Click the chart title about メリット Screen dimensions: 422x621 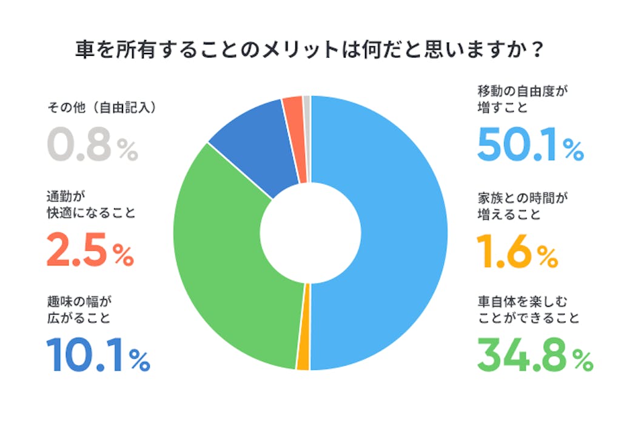(x=306, y=49)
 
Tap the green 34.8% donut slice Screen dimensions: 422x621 (x=230, y=255)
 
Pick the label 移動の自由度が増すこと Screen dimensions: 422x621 (x=525, y=100)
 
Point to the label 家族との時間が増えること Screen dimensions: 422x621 (x=525, y=206)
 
